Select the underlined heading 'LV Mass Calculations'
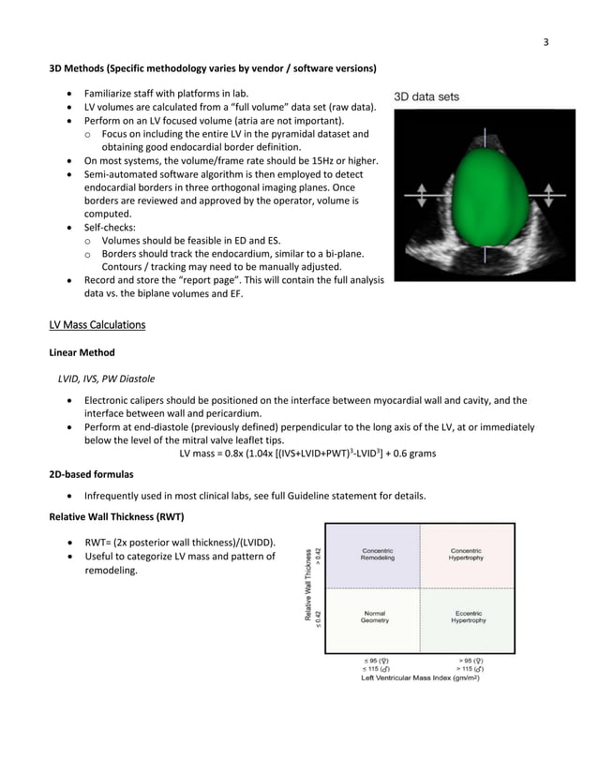coord(97,325)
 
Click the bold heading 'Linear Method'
coord(82,352)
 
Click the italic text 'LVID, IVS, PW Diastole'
coord(107,379)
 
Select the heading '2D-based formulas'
coord(91,475)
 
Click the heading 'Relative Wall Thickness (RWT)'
coord(116,517)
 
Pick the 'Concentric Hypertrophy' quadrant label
coord(467,554)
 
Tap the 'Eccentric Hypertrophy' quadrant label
coord(467,618)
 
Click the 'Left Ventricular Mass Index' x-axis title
coord(421,677)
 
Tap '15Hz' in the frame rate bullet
coord(331,160)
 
